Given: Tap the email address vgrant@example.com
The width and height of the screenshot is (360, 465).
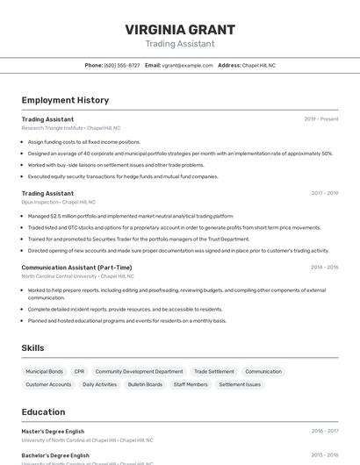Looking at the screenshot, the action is [187, 65].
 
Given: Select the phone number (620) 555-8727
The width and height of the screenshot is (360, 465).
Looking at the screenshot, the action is [122, 65].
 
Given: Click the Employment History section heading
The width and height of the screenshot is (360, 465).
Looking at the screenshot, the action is [65, 100].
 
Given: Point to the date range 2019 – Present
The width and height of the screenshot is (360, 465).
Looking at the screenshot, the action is [321, 119].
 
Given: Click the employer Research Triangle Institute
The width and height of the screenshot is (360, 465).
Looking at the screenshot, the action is [53, 128].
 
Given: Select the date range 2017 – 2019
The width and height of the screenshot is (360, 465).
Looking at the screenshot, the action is [324, 193].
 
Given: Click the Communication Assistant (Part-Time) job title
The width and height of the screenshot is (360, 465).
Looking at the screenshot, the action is [76, 268].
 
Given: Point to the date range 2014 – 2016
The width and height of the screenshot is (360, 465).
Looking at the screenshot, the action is [324, 268].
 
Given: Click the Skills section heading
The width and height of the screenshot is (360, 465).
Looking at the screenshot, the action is [32, 348].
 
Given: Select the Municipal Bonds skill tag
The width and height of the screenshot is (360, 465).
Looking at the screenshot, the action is [45, 372].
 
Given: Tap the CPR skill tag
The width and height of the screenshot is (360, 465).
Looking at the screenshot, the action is [79, 372].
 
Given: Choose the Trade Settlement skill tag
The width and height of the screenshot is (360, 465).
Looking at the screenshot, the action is [213, 372].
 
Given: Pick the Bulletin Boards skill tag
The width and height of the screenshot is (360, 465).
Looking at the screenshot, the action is [145, 384].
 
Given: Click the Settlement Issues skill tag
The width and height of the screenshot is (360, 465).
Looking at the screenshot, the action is [240, 384].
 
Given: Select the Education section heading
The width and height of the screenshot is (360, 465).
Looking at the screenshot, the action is [43, 412].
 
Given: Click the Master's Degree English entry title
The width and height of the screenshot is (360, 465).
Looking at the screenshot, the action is [53, 432].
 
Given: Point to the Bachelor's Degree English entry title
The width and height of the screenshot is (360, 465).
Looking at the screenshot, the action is [55, 456].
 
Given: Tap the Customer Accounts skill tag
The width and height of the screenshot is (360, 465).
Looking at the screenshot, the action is [48, 384].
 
